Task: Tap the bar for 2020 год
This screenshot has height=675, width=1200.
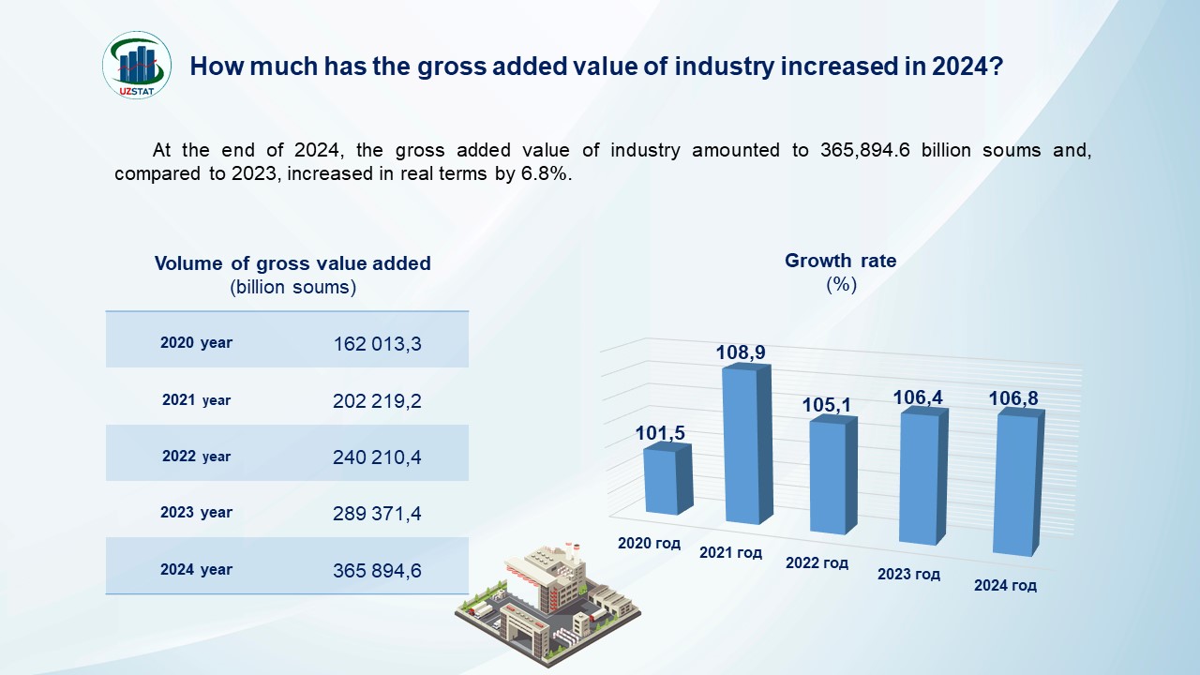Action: pyautogui.click(x=666, y=480)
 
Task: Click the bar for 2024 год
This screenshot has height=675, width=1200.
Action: pyautogui.click(x=1016, y=482)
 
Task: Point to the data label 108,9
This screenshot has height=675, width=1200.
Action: pyautogui.click(x=741, y=352)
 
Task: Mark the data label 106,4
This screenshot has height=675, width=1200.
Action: pyautogui.click(x=918, y=398)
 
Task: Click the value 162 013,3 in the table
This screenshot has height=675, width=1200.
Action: pyautogui.click(x=378, y=344)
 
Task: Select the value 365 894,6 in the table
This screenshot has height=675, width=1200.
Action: pyautogui.click(x=378, y=570)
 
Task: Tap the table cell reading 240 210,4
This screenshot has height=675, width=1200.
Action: pyautogui.click(x=378, y=457)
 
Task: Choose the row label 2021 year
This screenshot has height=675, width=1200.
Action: pyautogui.click(x=196, y=400)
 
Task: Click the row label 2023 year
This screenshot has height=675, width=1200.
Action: pyautogui.click(x=196, y=513)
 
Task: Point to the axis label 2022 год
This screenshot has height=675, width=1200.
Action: pyautogui.click(x=817, y=562)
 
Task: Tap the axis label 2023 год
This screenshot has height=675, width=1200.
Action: pyautogui.click(x=908, y=574)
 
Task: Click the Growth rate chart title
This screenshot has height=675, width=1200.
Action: pyautogui.click(x=841, y=262)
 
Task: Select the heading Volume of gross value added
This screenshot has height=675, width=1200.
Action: pyautogui.click(x=292, y=263)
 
